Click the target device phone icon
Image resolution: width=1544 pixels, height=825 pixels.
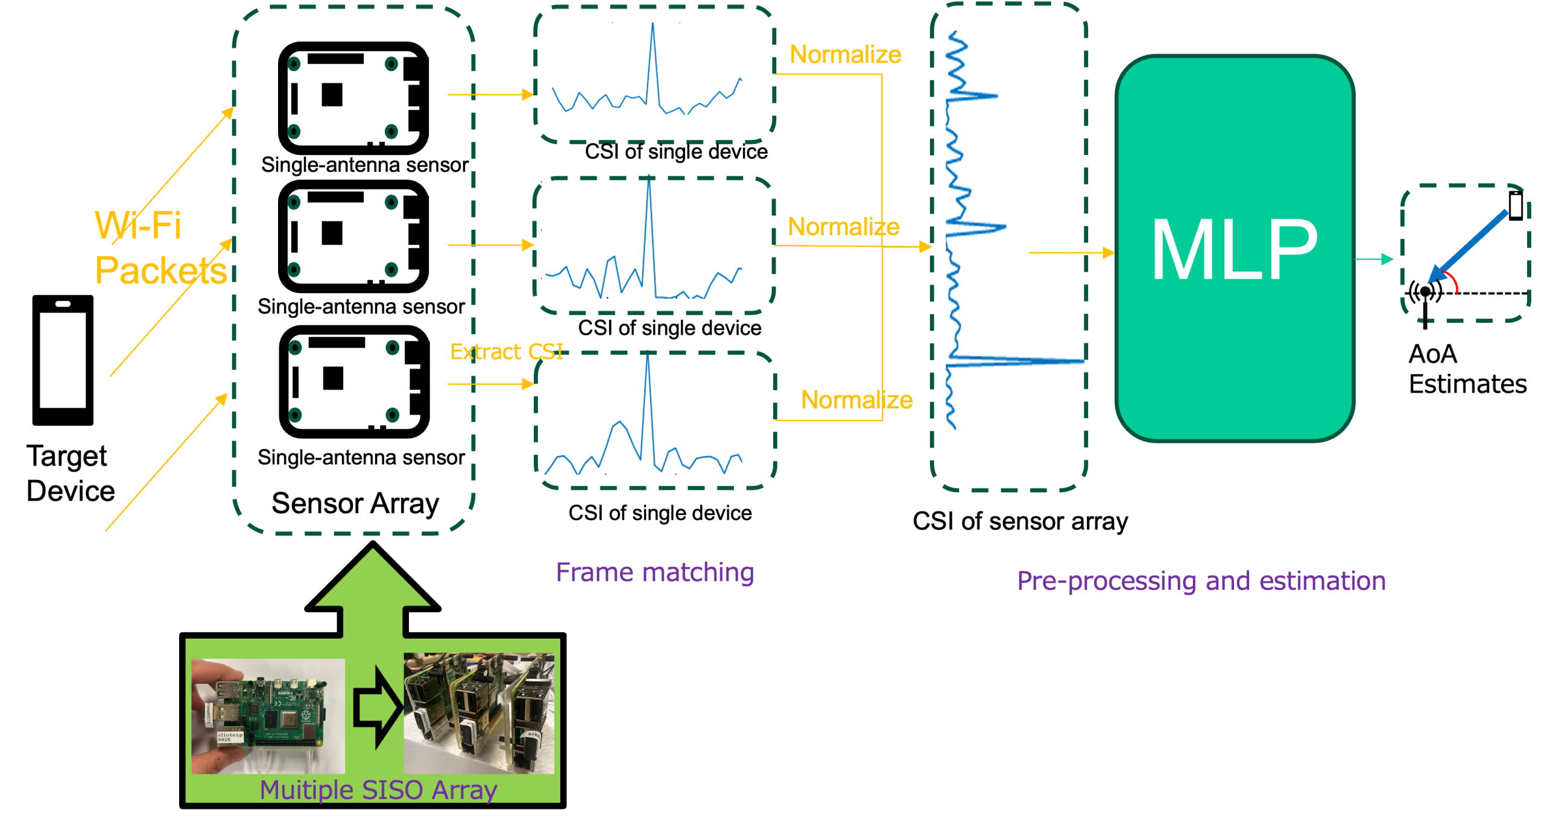point(63,360)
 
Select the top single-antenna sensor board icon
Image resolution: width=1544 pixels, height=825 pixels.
point(353,98)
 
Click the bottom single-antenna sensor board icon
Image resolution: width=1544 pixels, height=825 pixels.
point(355,382)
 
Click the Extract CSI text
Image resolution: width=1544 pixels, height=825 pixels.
point(507,351)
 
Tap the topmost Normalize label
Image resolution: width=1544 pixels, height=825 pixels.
point(845,54)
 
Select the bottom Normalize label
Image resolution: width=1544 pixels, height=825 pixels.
point(856,399)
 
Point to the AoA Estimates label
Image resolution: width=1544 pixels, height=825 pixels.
point(1467,368)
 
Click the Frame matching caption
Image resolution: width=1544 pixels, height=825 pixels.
point(654,572)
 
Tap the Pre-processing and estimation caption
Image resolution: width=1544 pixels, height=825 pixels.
point(1201,581)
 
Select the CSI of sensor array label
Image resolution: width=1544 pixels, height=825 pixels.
point(1020,521)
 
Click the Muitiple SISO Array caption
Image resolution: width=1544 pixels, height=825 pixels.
point(378,789)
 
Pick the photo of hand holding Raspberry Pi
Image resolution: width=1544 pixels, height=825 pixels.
point(268,716)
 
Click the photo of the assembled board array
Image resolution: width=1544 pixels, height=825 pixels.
point(478,713)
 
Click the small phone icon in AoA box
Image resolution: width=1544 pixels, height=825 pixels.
point(1516,206)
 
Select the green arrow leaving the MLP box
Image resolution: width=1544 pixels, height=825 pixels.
point(1374,259)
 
